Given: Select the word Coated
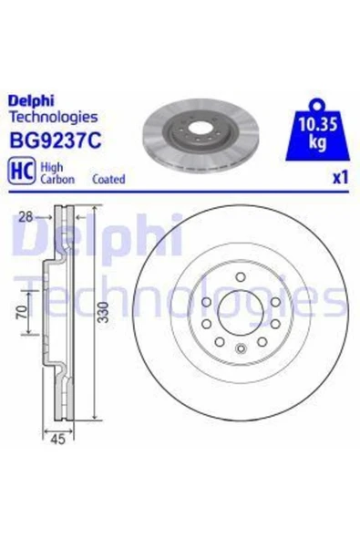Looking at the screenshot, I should click(x=108, y=180).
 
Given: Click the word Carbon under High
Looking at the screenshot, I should click(x=57, y=180).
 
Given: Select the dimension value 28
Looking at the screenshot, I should click(x=26, y=217).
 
